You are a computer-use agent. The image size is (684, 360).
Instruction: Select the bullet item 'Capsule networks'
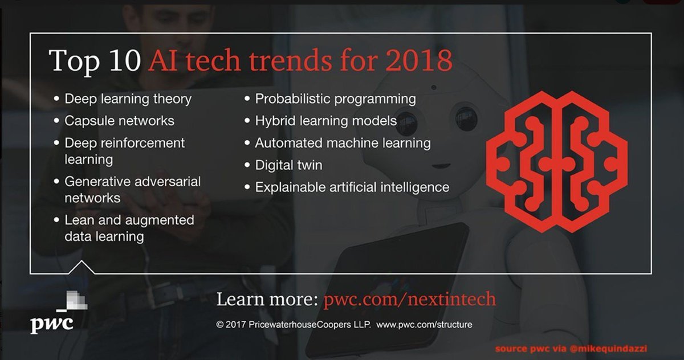tap(119, 121)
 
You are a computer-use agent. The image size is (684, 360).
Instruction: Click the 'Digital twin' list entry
tap(288, 165)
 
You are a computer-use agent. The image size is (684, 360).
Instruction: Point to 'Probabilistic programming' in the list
tap(335, 99)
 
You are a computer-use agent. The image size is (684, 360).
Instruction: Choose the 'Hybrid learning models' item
tap(325, 121)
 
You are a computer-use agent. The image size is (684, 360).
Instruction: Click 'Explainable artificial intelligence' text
tap(352, 187)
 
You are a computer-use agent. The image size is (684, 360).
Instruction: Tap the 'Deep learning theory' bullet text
tap(128, 99)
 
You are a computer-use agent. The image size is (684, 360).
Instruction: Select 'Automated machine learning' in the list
tap(343, 143)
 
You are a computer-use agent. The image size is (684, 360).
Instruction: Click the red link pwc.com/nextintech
tap(409, 300)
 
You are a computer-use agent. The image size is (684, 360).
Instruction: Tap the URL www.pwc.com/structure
tap(424, 325)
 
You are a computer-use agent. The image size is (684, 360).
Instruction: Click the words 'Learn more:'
tap(267, 300)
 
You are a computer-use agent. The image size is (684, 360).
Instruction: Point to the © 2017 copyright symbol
tap(220, 325)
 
